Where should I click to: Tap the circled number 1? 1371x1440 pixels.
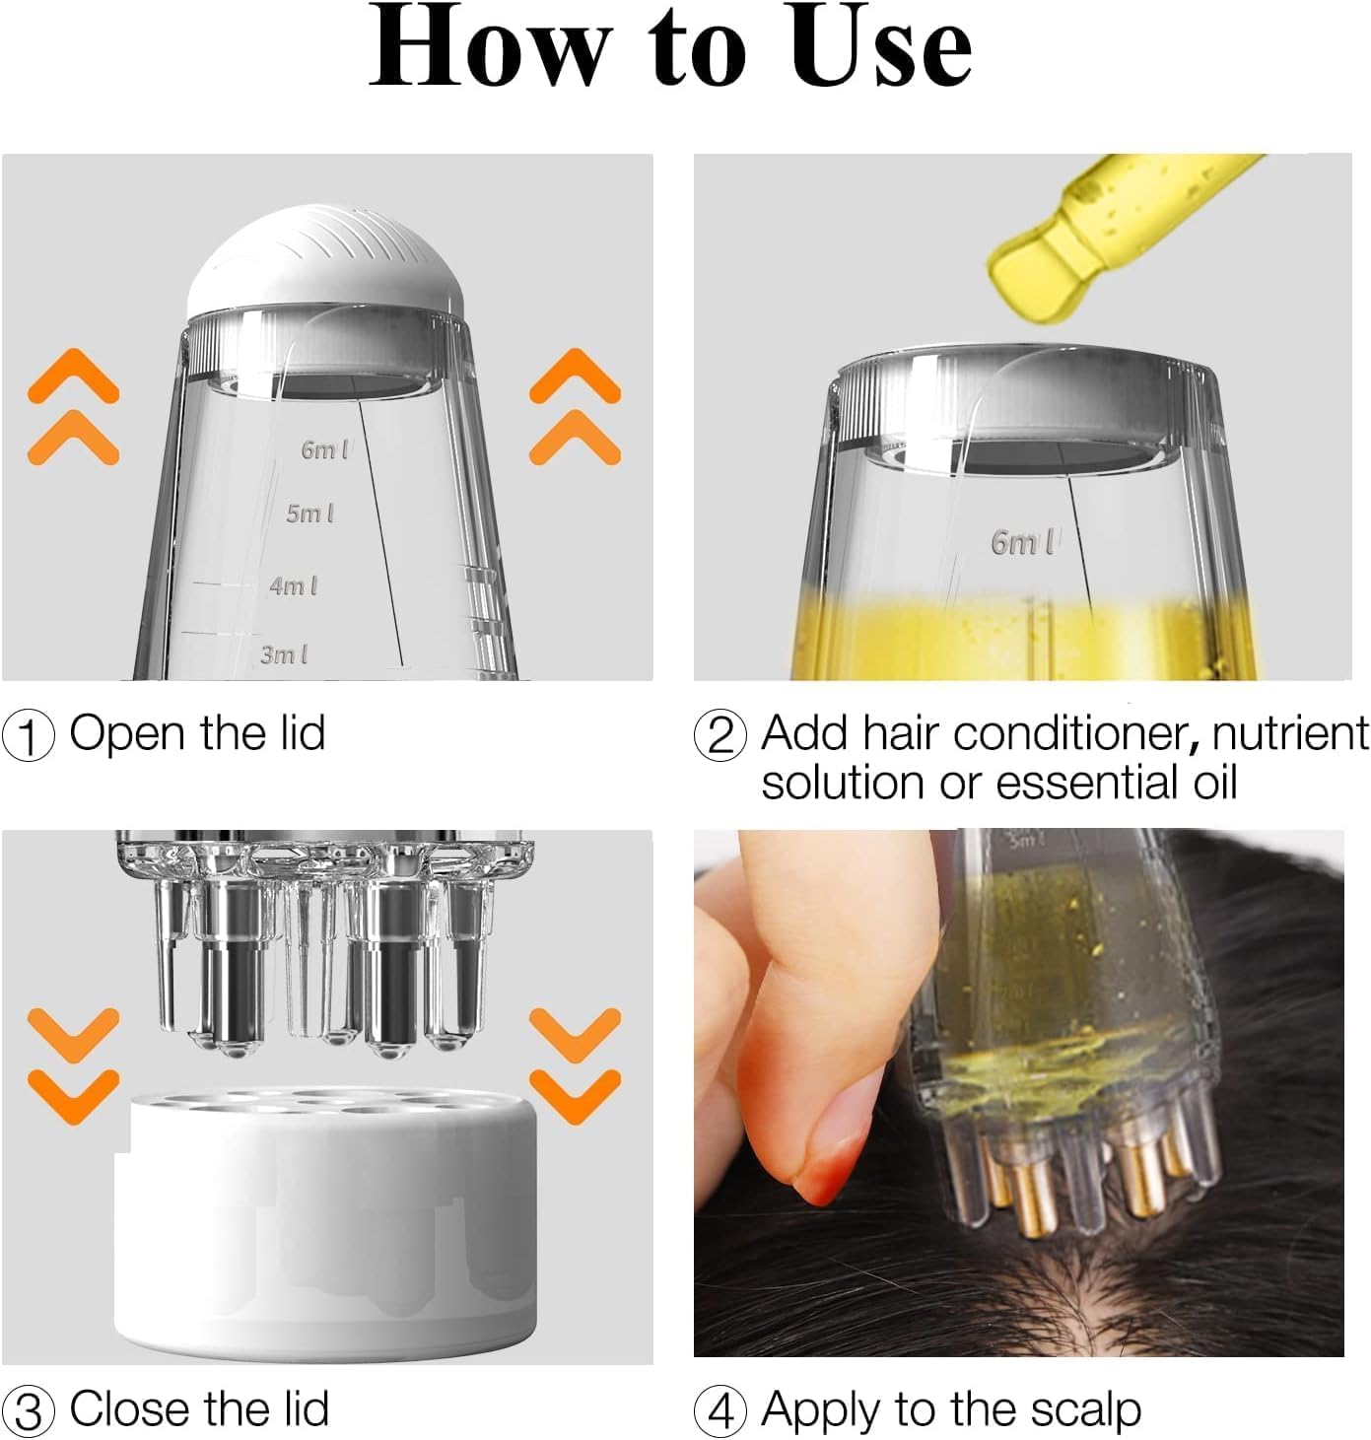click(x=29, y=736)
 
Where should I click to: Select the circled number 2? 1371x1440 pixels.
click(x=720, y=736)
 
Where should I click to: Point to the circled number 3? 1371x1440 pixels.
click(x=29, y=1411)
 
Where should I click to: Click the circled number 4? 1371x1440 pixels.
click(x=720, y=1411)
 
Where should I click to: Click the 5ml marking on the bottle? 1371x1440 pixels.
click(x=310, y=514)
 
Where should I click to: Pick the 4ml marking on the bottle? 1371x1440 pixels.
click(x=294, y=585)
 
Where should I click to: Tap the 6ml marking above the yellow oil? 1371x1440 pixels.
click(x=1022, y=542)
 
